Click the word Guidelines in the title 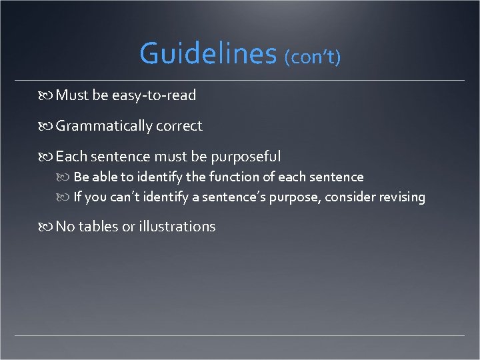pos(207,53)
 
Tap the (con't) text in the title pos(313,57)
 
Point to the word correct pos(178,126)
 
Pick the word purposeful pos(246,157)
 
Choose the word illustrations pos(177,227)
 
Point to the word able pos(103,177)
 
